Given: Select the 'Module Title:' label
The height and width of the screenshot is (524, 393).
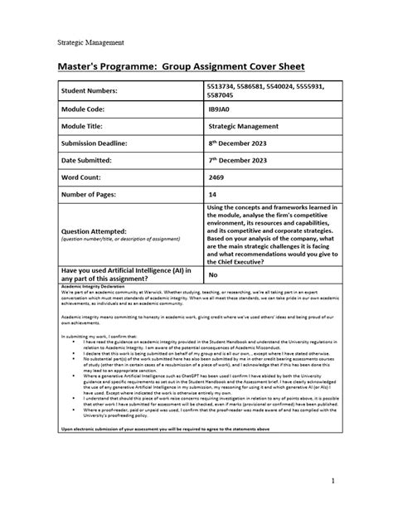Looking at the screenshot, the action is pos(83,144).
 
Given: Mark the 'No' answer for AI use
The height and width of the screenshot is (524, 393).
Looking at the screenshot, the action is pos(213,274).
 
